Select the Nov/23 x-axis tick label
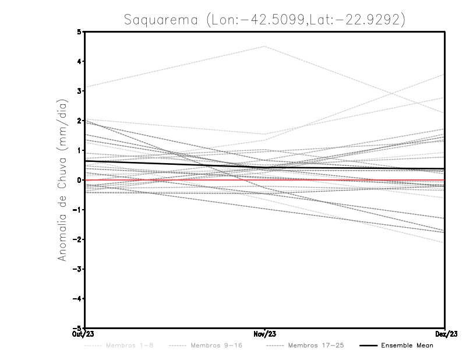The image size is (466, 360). (265, 334)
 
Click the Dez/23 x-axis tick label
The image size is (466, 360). (445, 334)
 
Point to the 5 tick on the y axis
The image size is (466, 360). (79, 31)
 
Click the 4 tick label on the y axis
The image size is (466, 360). (79, 61)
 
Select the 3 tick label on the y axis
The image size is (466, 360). (79, 91)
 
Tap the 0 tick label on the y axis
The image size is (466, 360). (79, 180)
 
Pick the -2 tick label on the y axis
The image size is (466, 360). (77, 239)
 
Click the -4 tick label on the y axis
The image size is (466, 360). (77, 298)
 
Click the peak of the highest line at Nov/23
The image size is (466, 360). (265, 46)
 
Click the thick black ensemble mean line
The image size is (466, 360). (175, 164)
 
